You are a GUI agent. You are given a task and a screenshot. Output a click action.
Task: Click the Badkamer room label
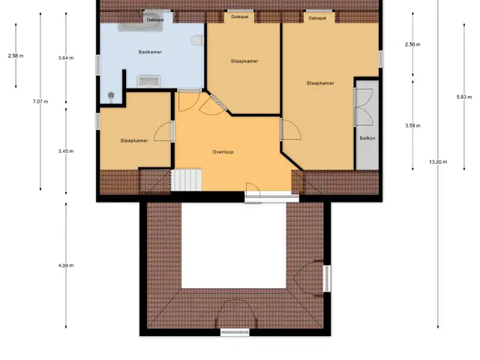[x=150, y=52]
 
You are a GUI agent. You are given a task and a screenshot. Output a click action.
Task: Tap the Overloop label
[x=223, y=151]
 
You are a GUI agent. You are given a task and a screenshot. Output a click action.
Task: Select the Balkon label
[x=367, y=138]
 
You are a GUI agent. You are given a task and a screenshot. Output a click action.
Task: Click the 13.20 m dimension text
[x=438, y=162]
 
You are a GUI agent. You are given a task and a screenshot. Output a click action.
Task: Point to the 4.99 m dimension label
[x=66, y=265]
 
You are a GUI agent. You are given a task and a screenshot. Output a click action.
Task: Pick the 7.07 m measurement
[x=40, y=101]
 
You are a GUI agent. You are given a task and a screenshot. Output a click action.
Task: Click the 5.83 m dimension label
[x=464, y=97]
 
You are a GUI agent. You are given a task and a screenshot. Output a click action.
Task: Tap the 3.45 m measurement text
[x=66, y=151]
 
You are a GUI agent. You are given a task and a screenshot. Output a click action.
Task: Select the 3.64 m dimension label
[x=66, y=58]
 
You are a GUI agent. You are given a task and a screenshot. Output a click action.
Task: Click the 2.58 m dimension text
[x=16, y=55]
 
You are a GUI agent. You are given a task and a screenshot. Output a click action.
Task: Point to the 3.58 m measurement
[x=412, y=125]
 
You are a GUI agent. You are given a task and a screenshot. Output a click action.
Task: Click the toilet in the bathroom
[x=197, y=40]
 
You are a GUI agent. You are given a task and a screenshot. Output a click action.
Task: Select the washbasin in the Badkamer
[x=148, y=82]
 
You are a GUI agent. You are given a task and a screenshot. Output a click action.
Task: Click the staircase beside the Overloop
[x=187, y=180]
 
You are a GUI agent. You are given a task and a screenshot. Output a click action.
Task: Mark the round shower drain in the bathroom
[x=111, y=95]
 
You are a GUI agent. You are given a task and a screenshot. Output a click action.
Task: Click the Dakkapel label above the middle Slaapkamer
[x=240, y=16]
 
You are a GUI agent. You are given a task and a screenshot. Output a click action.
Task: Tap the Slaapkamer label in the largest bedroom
[x=320, y=83]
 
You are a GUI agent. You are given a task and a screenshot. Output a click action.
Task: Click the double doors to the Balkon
[x=364, y=107]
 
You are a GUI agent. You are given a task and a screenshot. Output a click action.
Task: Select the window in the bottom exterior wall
[x=235, y=332]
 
